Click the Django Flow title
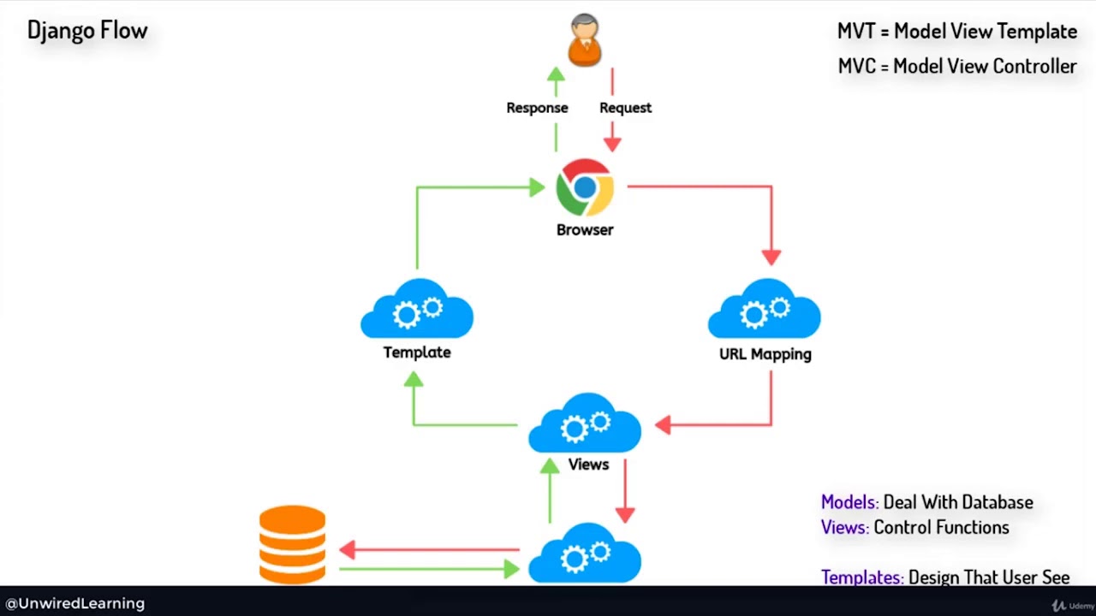87,31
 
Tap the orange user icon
585,39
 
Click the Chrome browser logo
585,187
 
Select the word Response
537,108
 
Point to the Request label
625,108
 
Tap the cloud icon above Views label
585,423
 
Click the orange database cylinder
292,544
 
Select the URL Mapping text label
765,353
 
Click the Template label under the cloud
417,352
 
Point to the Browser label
585,229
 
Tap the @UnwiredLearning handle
75,603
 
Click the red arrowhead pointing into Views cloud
662,424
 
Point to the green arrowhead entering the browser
537,187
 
